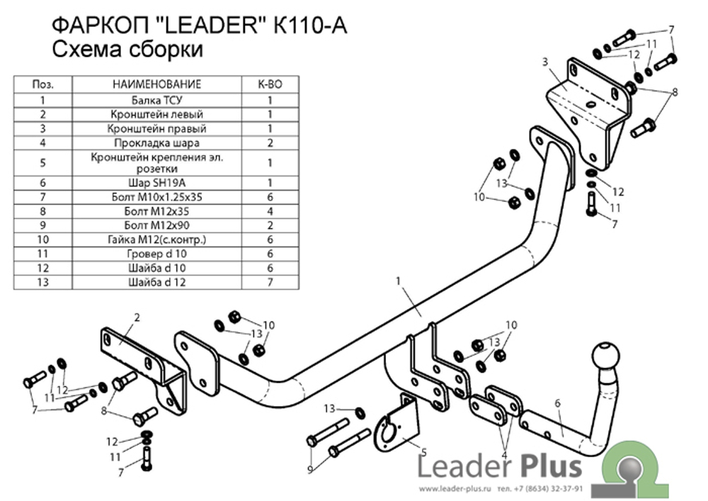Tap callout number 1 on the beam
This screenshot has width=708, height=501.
(399, 281)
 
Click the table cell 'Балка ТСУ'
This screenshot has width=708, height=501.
(156, 100)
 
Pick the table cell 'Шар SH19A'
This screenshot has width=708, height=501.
(156, 183)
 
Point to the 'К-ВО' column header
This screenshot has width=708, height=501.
(270, 84)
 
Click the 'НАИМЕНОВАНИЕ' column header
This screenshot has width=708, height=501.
(156, 84)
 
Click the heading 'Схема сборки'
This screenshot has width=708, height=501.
(127, 50)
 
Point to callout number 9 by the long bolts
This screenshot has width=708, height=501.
(310, 470)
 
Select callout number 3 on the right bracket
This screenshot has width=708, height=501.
(545, 62)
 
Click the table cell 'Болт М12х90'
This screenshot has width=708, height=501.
(156, 225)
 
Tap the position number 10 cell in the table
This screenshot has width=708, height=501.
(43, 240)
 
